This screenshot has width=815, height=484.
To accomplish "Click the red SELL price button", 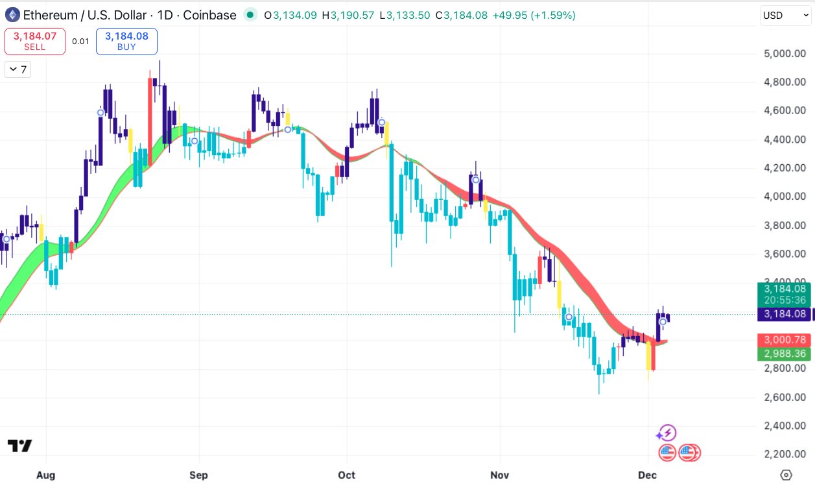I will click(35, 42).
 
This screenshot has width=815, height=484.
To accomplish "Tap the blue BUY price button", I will click(126, 42).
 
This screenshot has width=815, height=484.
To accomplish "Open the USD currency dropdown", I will click(785, 15).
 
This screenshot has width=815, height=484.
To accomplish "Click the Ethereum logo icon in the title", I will click(12, 15).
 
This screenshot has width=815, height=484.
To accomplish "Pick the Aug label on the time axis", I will click(45, 475).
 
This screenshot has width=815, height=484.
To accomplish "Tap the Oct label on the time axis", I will click(347, 475).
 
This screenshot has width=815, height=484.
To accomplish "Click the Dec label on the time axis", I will click(648, 475).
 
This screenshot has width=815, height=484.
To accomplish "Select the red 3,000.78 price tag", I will click(785, 340).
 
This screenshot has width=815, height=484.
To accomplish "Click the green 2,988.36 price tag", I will click(785, 354).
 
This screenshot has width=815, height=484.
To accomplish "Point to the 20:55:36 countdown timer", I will click(785, 300).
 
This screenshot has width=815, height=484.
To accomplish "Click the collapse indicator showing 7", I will click(18, 69).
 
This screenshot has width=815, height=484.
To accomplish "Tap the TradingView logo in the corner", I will click(19, 446).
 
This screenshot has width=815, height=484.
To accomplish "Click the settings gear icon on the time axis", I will click(786, 475).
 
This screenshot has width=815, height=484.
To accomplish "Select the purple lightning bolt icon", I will click(667, 433).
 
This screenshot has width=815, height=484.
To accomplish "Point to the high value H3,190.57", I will click(352, 15).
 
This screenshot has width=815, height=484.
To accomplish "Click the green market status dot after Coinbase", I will click(250, 15).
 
